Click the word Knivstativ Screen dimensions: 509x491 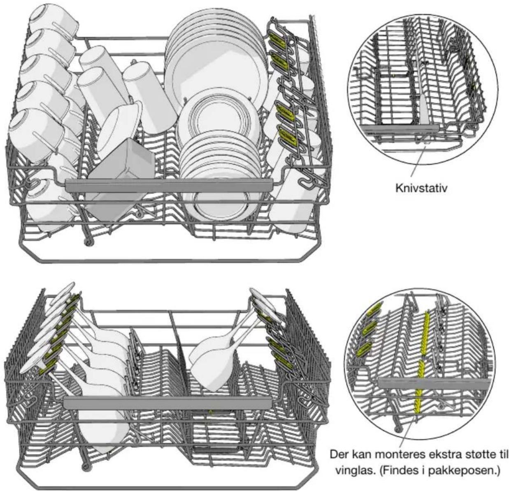pos(421,188)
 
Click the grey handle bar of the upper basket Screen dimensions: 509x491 pos(169,186)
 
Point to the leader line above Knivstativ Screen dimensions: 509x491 pos(418,162)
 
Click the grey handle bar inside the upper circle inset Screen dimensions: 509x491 pos(400,128)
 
